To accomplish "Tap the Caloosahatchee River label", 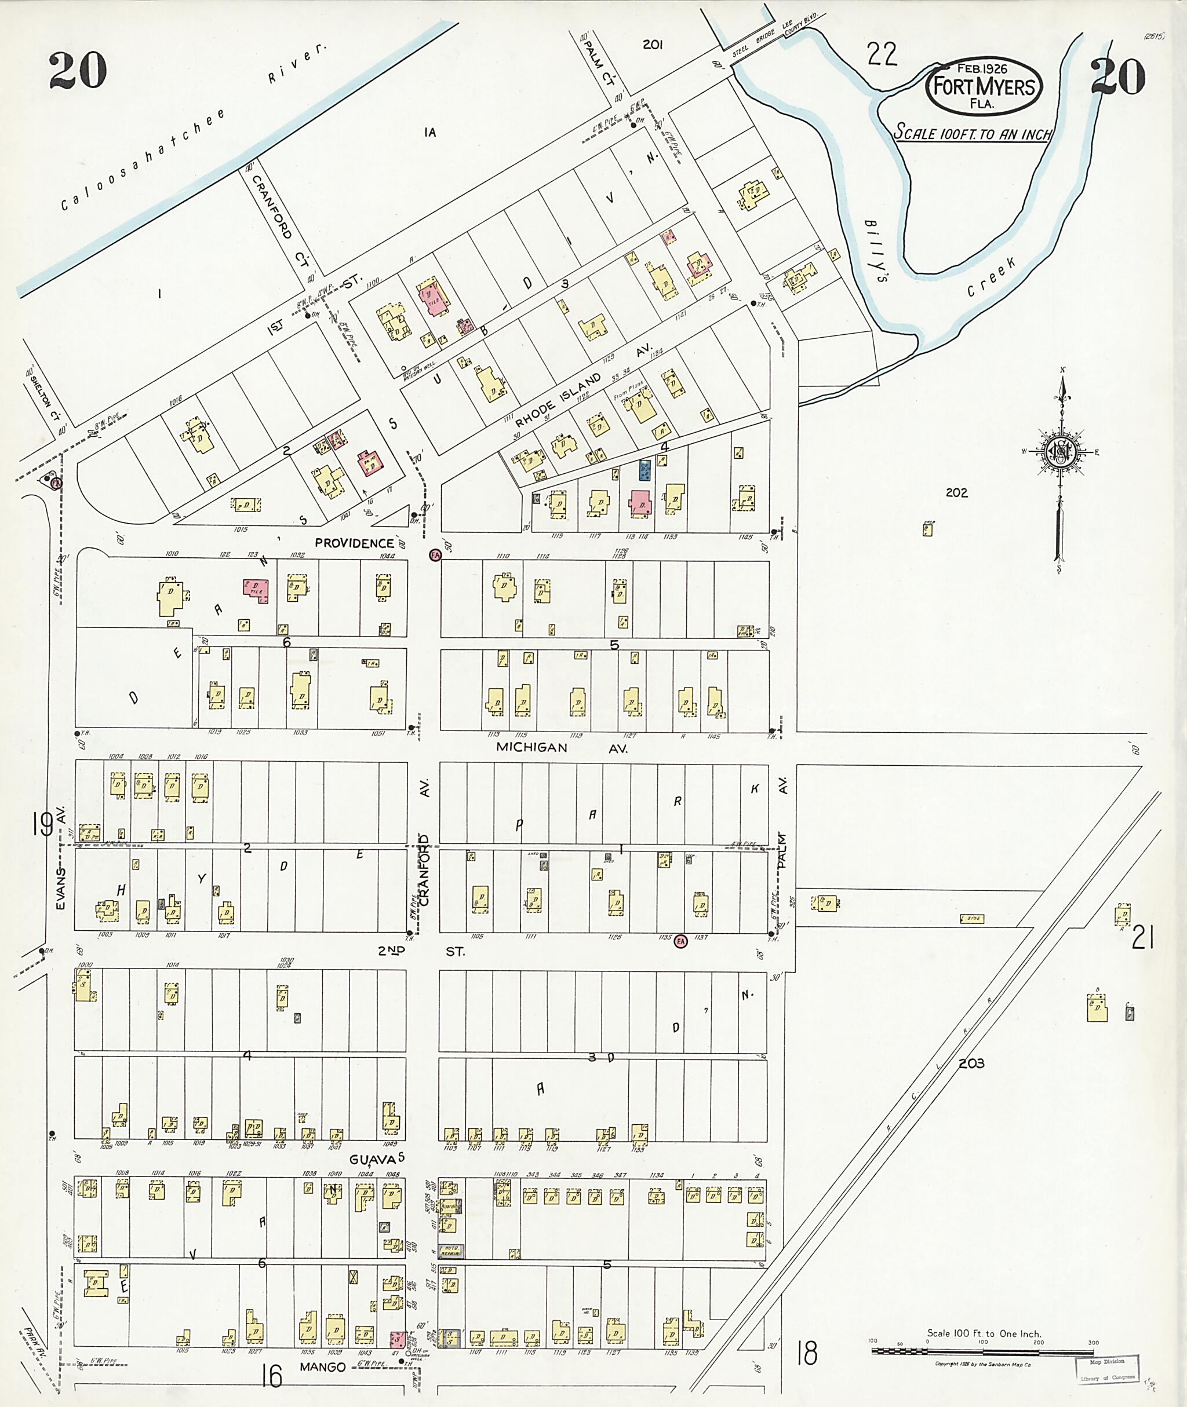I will coord(192,129).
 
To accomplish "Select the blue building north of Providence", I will coord(645,470).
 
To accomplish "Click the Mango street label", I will coord(323,1366).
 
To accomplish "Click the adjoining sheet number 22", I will coord(882,54).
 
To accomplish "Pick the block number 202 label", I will coord(956,492).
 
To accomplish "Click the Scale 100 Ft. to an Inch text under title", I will coord(971,133).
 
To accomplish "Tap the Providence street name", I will coord(354,542).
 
